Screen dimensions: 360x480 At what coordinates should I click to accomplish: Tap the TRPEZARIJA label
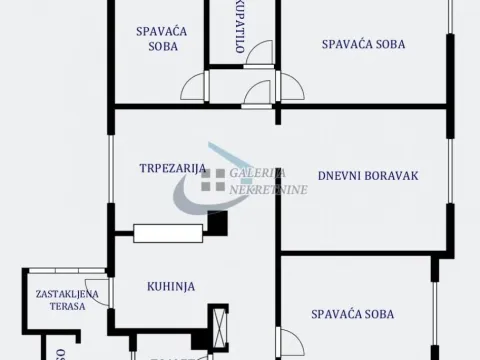pos(172,168)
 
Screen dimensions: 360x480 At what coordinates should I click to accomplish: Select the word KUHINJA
pos(170,286)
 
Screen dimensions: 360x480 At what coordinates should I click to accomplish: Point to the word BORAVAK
pos(391,176)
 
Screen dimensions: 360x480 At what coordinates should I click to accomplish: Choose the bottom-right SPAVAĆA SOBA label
pos(352,314)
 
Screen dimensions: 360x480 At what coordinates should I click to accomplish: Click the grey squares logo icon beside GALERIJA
pos(212,180)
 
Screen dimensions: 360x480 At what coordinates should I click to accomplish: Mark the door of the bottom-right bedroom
pos(288,340)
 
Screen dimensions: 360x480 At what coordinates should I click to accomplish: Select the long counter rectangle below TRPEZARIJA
pos(169,233)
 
